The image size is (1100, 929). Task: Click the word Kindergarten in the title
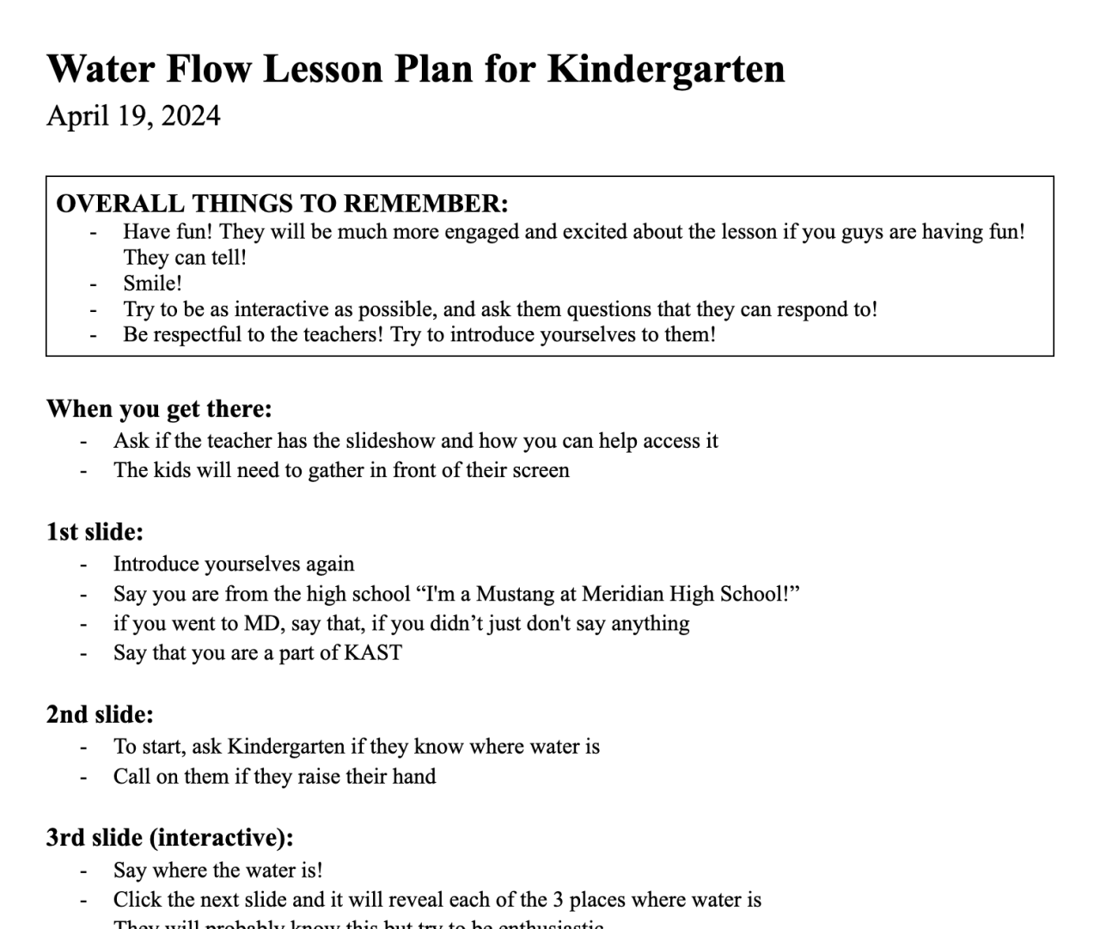(666, 69)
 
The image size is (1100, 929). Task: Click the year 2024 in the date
(191, 115)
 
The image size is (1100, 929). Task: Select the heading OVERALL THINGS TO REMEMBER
(282, 204)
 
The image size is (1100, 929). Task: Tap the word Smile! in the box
(152, 284)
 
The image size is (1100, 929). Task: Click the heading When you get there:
(159, 408)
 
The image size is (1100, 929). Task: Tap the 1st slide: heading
(95, 532)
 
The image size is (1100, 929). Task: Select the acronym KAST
(373, 652)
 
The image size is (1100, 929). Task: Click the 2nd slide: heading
(100, 714)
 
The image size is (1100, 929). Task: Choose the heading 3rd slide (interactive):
(169, 838)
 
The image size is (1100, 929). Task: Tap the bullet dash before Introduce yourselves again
(83, 565)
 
